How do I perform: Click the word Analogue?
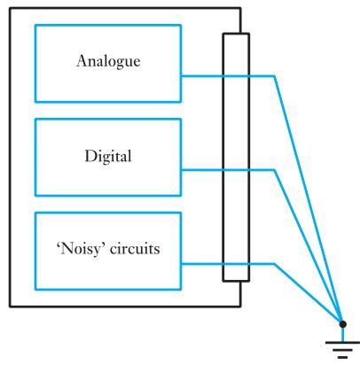point(108,61)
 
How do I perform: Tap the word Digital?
point(108,156)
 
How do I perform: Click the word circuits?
point(135,249)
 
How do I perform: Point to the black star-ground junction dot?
point(342,324)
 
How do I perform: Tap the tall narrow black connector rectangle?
point(236,157)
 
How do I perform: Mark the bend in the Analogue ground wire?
point(275,76)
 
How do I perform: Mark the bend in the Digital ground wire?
point(274,170)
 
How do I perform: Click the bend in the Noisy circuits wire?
point(274,264)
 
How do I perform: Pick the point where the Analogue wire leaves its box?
point(181,76)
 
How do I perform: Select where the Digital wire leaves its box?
point(181,170)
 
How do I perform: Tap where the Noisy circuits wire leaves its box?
point(181,264)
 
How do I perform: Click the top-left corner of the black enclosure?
point(10,8)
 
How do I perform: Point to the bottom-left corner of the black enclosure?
point(10,307)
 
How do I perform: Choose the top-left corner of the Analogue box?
point(35,26)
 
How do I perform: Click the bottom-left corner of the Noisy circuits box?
point(35,290)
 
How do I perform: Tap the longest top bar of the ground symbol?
point(342,343)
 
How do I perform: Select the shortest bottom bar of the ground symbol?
point(342,357)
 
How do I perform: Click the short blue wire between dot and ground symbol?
point(342,335)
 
